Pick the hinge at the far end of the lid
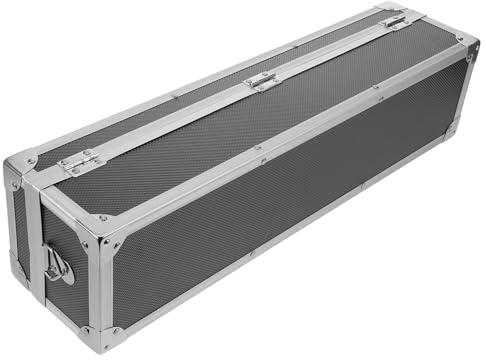point(396,19)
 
